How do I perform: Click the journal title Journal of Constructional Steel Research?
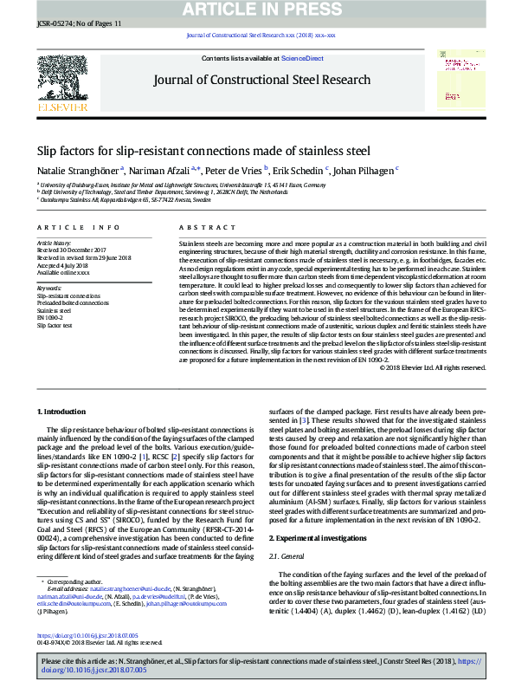point(261,80)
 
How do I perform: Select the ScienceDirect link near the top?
point(302,58)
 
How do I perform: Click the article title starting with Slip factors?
point(203,150)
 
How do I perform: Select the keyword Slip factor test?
point(55,325)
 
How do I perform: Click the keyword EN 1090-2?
point(48,317)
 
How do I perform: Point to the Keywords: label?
point(49,288)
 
